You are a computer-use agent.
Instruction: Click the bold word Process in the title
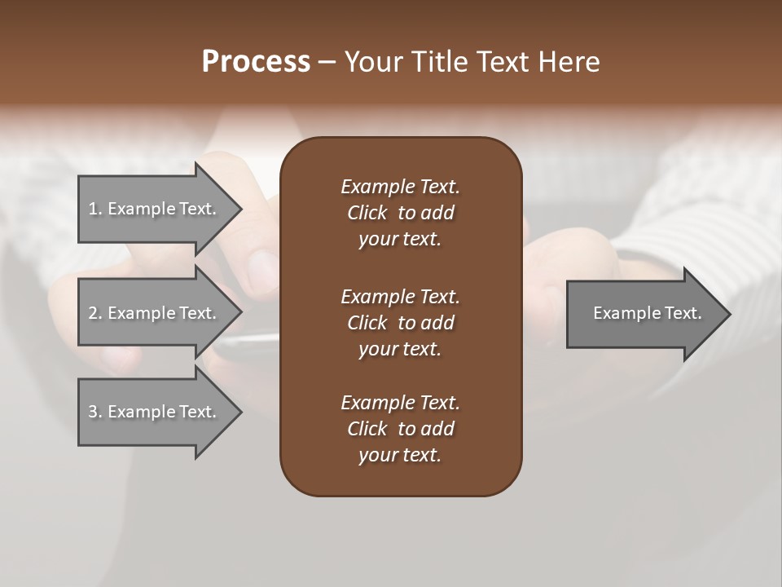(x=256, y=62)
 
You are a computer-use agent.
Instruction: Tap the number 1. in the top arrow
(x=95, y=209)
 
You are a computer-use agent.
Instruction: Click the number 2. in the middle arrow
(x=95, y=313)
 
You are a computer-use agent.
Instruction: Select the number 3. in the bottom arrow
(x=95, y=412)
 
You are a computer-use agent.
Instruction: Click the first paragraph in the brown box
(x=400, y=213)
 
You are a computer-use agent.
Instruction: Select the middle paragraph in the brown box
(x=400, y=323)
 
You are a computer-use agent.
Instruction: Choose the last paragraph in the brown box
(x=400, y=429)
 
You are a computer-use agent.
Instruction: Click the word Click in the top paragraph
(x=367, y=213)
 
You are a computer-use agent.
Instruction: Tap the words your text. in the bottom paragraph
(x=400, y=455)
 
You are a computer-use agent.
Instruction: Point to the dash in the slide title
(x=327, y=62)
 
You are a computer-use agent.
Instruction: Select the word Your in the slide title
(x=371, y=62)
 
